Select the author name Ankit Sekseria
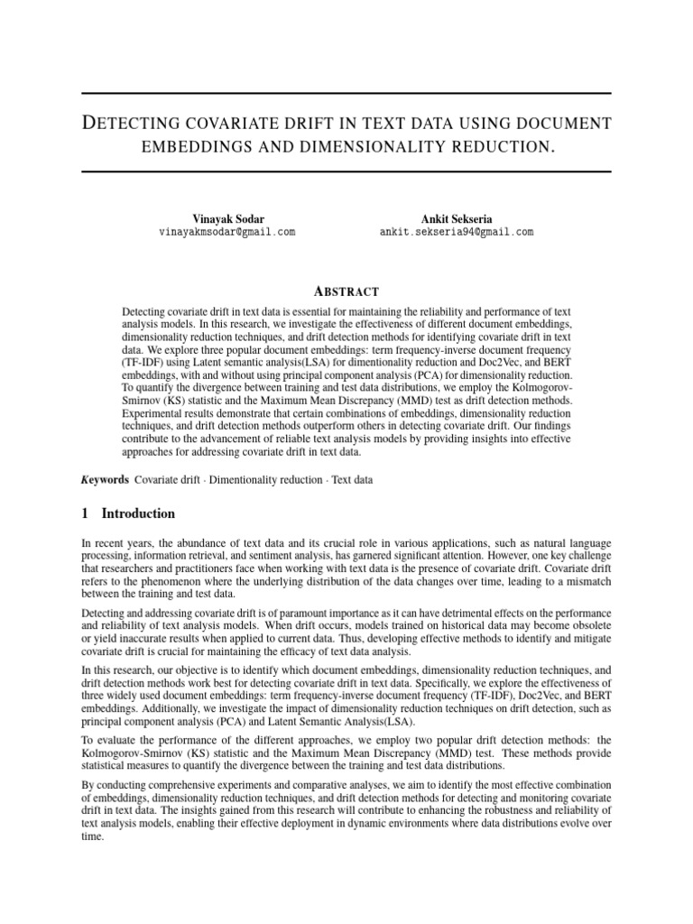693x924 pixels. click(x=457, y=218)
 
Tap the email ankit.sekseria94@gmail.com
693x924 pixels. click(x=457, y=232)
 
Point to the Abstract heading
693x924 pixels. click(x=346, y=291)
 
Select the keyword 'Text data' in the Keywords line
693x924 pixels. click(x=352, y=480)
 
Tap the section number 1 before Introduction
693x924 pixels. click(x=85, y=514)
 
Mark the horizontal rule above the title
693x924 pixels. click(x=346, y=94)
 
